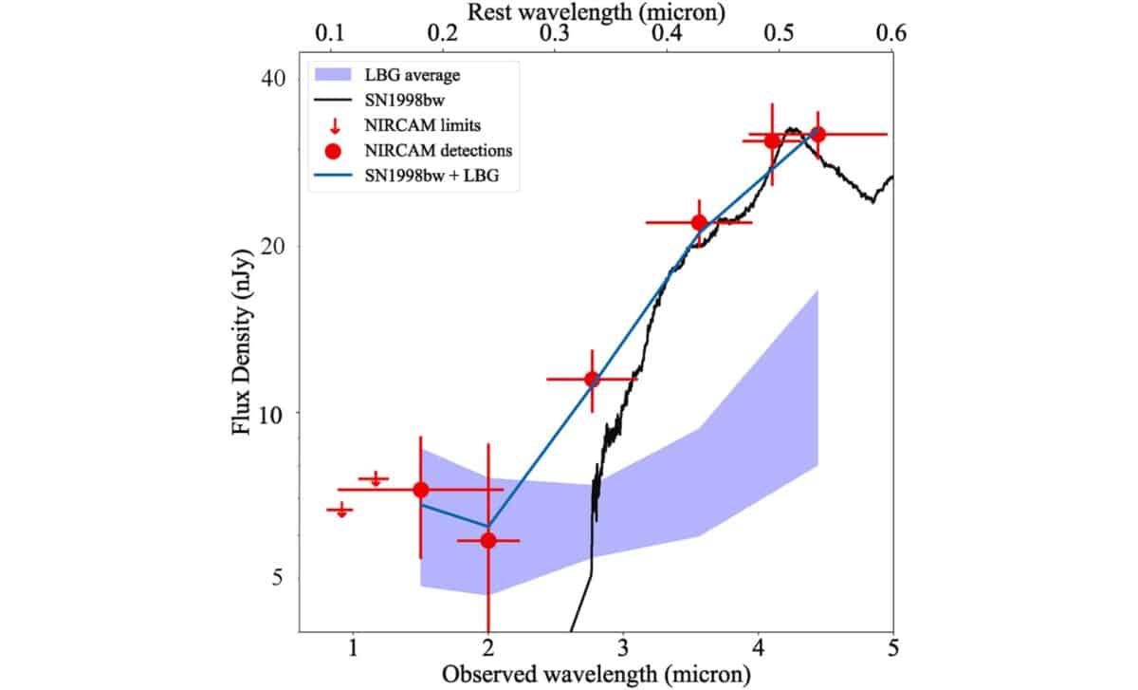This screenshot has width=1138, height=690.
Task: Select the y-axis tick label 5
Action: [x=279, y=578]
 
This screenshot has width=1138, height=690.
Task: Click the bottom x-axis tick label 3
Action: [x=623, y=648]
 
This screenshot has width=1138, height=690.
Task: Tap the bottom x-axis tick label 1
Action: [x=354, y=648]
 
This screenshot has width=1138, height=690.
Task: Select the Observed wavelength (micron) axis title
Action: [x=597, y=674]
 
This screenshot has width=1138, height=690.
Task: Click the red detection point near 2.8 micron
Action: [x=592, y=379]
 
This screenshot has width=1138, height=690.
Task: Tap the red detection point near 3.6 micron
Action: [x=699, y=223]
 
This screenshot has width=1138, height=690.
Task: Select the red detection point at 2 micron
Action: [x=488, y=540]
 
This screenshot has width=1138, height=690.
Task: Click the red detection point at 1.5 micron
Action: [x=421, y=490]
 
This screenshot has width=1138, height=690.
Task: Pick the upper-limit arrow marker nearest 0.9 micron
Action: [x=340, y=511]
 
